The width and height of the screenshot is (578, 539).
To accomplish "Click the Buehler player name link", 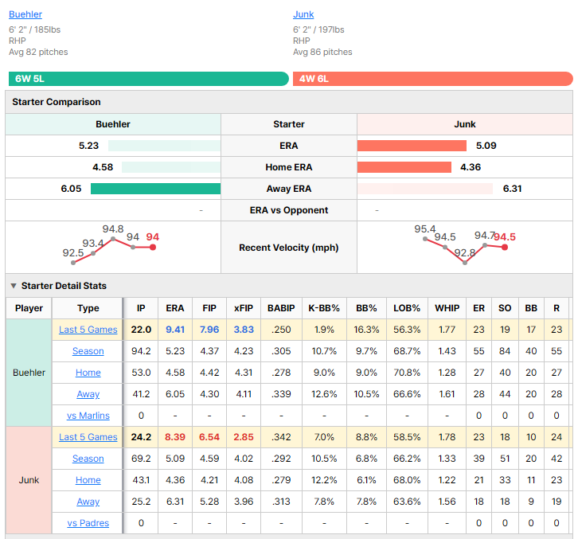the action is (25, 14).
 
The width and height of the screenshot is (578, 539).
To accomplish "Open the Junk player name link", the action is (303, 14).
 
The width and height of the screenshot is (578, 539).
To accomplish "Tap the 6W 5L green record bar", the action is (149, 79).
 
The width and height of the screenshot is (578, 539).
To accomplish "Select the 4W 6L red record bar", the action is (433, 79).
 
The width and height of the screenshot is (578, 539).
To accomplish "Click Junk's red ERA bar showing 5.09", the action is (412, 146).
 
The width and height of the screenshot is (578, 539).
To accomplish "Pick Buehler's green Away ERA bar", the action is (155, 189).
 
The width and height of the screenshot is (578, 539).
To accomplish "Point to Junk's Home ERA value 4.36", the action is (471, 167).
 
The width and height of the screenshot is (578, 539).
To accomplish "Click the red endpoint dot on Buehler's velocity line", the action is (153, 247).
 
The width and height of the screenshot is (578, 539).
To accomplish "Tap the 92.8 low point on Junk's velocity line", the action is (465, 263).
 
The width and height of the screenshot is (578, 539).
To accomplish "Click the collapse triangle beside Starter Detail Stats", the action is (14, 286).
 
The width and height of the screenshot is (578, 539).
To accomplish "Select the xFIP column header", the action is (244, 308).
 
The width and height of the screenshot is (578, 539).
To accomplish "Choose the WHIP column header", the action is (447, 308).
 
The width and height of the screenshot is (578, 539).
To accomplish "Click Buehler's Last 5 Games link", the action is (88, 330).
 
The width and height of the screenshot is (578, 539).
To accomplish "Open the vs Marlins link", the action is (88, 416).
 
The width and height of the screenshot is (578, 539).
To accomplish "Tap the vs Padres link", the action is (88, 523).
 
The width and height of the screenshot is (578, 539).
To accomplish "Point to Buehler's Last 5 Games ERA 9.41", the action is (175, 330).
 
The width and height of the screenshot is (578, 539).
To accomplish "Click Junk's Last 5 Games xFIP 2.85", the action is (244, 437).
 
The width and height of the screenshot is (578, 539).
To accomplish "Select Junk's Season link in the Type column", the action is (88, 459).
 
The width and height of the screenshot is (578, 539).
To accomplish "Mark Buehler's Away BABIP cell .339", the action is (281, 394).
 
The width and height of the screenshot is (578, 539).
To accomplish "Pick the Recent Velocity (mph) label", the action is (289, 248).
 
